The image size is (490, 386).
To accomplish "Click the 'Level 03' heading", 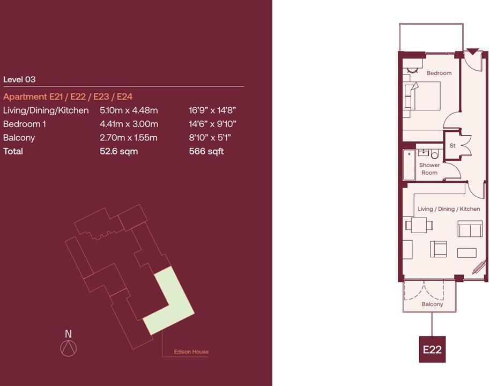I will point(19,79).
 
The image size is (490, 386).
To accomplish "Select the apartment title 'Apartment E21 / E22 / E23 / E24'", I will point(68,96).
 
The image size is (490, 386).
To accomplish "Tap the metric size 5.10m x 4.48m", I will point(129,110).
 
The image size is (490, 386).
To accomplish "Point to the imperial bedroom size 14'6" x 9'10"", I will point(212,124).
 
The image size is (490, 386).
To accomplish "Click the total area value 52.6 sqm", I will point(118,151).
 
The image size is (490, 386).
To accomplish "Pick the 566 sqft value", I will point(206,151).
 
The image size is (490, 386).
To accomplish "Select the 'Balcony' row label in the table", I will point(19,138).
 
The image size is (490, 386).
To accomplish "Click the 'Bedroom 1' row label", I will point(25,124).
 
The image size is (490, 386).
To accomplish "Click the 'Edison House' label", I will point(191,352).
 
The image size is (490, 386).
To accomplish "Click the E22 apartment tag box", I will point(432,350).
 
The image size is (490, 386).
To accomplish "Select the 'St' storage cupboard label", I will point(452,145).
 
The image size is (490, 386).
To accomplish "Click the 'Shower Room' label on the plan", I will point(429,169).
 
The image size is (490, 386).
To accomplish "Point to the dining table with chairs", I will point(419,225).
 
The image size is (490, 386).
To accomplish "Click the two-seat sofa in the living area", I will point(470,229).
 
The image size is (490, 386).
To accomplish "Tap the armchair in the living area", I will point(438,249).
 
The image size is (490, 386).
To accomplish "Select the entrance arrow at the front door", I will point(472,52).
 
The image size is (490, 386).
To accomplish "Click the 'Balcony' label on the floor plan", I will point(432,304).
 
